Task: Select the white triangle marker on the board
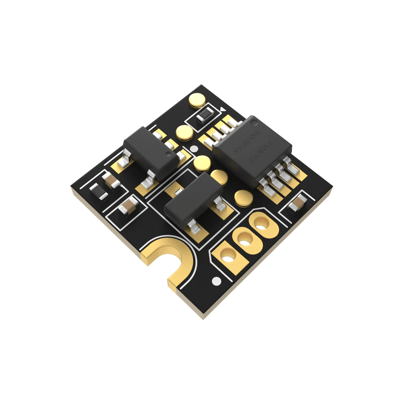[223, 109]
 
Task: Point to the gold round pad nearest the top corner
[197, 100]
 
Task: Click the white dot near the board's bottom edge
[216, 280]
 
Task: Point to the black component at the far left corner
[96, 191]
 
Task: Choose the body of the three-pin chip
[193, 199]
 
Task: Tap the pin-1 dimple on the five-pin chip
[167, 155]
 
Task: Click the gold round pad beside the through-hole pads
[243, 197]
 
